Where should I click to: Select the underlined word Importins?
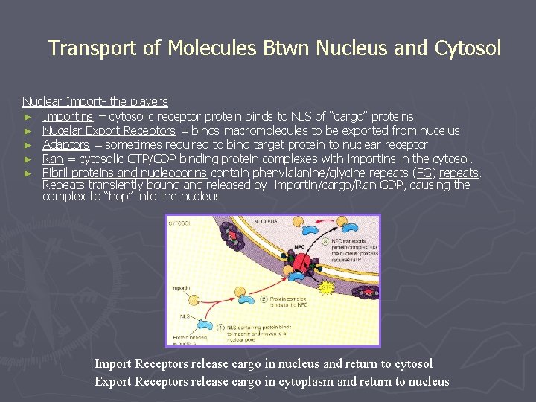(x=68, y=116)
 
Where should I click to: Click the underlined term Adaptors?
(x=66, y=144)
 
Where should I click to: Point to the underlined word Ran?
(x=52, y=159)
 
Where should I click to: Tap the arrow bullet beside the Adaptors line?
(x=28, y=144)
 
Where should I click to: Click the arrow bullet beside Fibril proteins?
(x=28, y=173)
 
